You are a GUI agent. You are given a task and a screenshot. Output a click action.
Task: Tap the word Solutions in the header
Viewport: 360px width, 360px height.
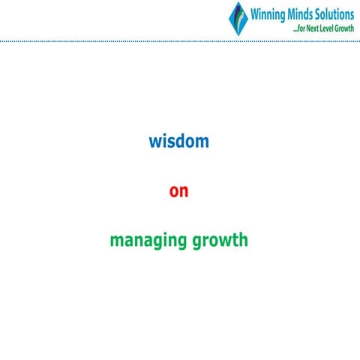click(x=335, y=13)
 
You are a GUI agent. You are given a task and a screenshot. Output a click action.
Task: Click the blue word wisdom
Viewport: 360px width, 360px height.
click(x=178, y=141)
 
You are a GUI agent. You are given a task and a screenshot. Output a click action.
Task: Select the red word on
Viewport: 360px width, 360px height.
click(x=178, y=191)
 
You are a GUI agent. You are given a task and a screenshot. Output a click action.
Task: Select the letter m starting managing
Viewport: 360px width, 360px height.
click(x=115, y=242)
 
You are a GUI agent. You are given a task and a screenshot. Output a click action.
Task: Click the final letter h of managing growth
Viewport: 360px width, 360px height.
click(x=243, y=240)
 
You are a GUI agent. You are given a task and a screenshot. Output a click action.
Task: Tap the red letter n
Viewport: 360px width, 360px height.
click(x=184, y=192)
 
